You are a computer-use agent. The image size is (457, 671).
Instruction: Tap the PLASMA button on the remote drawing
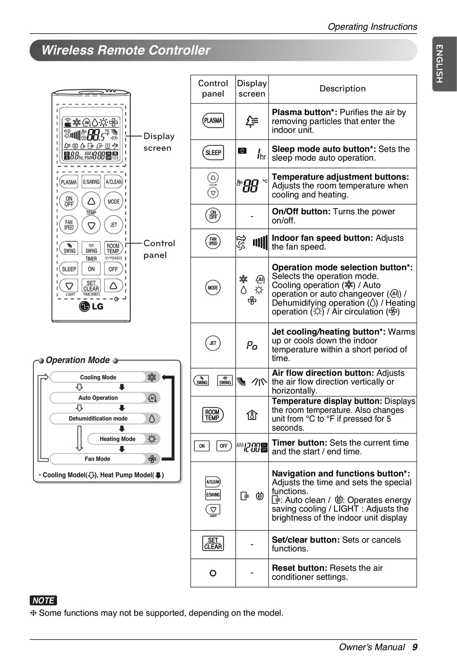69,182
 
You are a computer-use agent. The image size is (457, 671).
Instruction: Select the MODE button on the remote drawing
114,201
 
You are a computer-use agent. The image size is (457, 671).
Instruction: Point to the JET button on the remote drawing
114,224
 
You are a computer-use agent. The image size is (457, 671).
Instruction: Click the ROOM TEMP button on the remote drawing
113,249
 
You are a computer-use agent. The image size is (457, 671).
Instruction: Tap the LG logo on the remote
91,306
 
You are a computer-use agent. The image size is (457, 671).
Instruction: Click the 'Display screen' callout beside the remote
158,142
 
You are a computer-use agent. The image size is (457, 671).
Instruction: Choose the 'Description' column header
343,89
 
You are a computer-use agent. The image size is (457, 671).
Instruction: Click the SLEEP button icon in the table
213,153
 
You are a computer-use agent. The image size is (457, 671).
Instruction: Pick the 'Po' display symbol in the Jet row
252,345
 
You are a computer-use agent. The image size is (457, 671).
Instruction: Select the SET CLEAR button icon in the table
213,544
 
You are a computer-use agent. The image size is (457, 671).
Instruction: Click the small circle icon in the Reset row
213,573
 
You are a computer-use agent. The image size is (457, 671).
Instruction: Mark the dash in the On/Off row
252,217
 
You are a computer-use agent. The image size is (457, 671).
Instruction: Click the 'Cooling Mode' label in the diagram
98,377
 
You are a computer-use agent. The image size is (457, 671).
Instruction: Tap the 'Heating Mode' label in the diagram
117,439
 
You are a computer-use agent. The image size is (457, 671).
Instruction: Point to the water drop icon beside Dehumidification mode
152,419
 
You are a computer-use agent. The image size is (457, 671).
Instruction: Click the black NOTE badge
43,600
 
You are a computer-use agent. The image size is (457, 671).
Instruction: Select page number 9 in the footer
414,647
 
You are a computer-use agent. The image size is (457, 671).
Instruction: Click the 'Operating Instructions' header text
372,27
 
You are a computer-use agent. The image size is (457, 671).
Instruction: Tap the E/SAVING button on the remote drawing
91,182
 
